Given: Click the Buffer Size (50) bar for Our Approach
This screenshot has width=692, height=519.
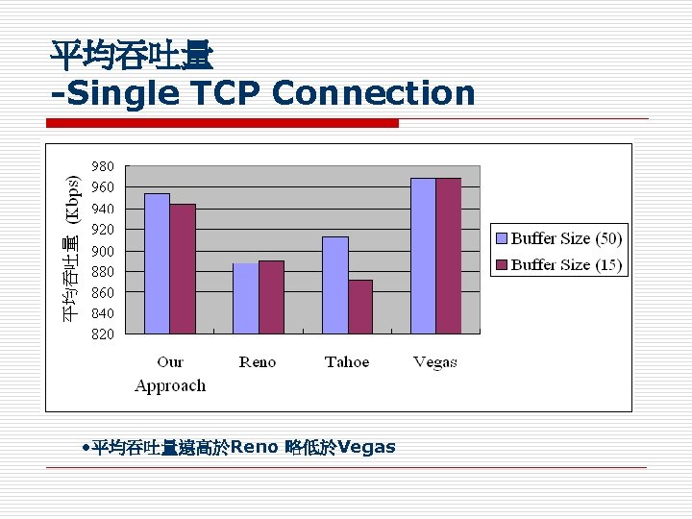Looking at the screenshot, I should coord(157,263).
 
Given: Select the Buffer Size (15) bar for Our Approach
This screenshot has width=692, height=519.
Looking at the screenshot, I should coord(183,269).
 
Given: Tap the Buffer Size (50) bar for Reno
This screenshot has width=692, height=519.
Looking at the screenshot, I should coord(245,298).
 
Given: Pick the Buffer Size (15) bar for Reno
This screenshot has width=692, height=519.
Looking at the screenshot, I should coord(271,297).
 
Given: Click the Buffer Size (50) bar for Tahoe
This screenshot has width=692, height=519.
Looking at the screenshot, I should coord(334,284).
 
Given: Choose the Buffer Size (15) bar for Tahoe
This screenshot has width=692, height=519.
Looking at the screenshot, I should coord(360,307).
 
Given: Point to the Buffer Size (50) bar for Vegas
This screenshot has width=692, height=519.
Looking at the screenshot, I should coord(423,256).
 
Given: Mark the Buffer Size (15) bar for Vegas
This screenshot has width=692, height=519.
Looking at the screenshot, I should coord(448,256).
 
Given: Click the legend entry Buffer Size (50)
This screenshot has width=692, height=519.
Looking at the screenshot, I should coord(558,238).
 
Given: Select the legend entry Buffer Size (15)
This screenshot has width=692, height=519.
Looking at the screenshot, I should coord(558,264).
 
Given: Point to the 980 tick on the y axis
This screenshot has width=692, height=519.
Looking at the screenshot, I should coord(103,166).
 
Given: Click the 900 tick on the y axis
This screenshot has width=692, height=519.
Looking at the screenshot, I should coord(103,251).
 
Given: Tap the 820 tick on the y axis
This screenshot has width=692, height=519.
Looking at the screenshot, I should coord(103,334).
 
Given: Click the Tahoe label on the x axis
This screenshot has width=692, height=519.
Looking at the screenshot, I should coord(347,362).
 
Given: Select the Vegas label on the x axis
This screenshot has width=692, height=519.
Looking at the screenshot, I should coord(435,362).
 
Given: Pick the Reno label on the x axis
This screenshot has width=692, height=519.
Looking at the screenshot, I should coord(258,362).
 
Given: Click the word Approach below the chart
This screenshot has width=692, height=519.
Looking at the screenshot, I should coord(170,385).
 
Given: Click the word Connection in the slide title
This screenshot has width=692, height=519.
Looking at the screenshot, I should coord(374,93).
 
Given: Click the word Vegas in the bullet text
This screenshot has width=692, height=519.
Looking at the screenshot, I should coord(366,447).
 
